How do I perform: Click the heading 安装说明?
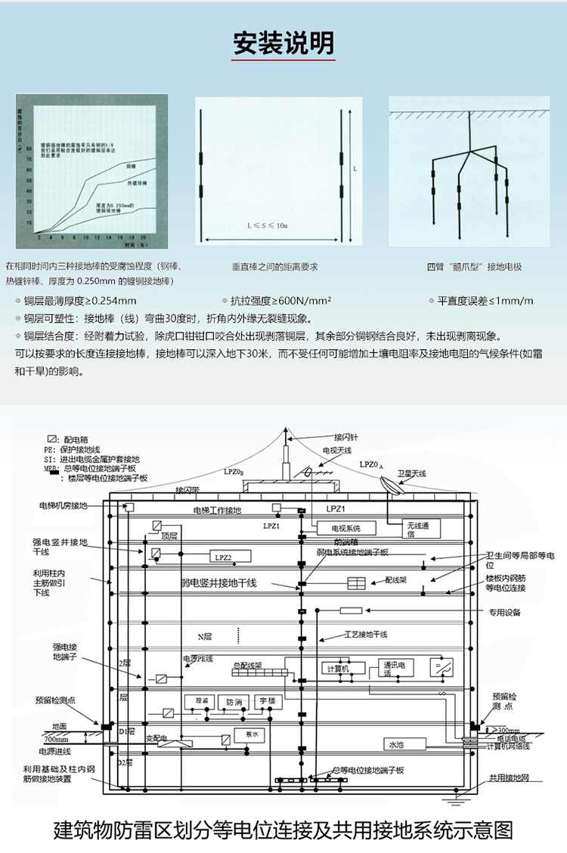pos(283,44)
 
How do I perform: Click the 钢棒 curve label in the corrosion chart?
pos(131,165)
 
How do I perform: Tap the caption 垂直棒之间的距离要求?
pos(274,267)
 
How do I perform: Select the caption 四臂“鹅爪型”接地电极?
pos(474,267)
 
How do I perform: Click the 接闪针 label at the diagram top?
pos(346,436)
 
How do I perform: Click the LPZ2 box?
pos(223,557)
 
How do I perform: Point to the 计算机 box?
pos(336,669)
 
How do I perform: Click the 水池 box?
pos(396,744)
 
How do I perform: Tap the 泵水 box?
pos(252,734)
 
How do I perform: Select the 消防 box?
pos(234,702)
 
